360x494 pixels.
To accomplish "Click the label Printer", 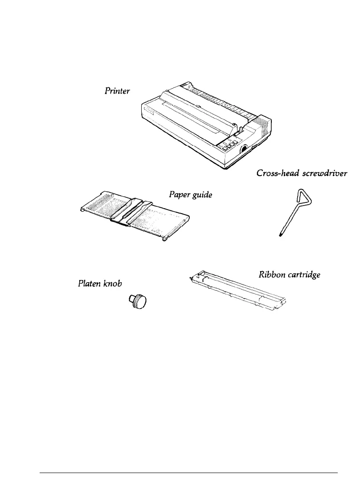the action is [117, 91].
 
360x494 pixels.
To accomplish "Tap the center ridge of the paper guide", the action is [132, 212].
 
